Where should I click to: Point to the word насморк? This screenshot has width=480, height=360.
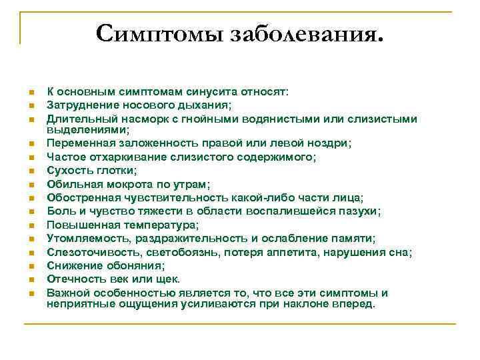pyautogui.click(x=135, y=119)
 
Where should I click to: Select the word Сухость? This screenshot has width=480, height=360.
pyautogui.click(x=69, y=171)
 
